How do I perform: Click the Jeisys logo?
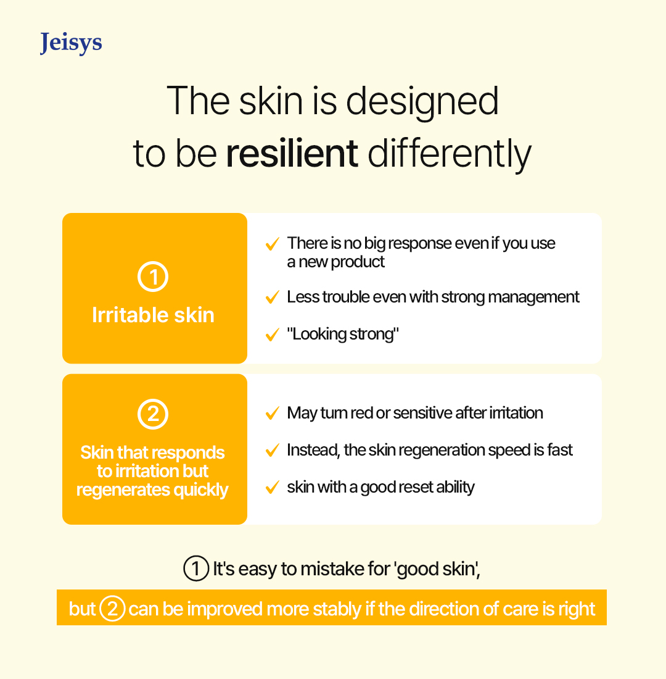(71, 43)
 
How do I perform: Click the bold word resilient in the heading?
(292, 153)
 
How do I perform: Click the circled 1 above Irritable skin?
(153, 277)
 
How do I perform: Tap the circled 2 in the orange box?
(153, 414)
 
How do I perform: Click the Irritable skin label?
(153, 315)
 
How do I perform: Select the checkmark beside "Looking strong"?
(272, 335)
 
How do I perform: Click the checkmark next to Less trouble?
(272, 298)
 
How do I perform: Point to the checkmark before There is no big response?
(272, 244)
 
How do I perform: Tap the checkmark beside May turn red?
(272, 414)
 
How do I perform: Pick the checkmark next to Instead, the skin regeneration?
(272, 451)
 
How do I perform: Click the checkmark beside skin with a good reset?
(272, 488)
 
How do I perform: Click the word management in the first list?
(533, 298)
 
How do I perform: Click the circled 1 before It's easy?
(196, 568)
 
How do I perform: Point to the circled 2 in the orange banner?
(112, 609)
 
